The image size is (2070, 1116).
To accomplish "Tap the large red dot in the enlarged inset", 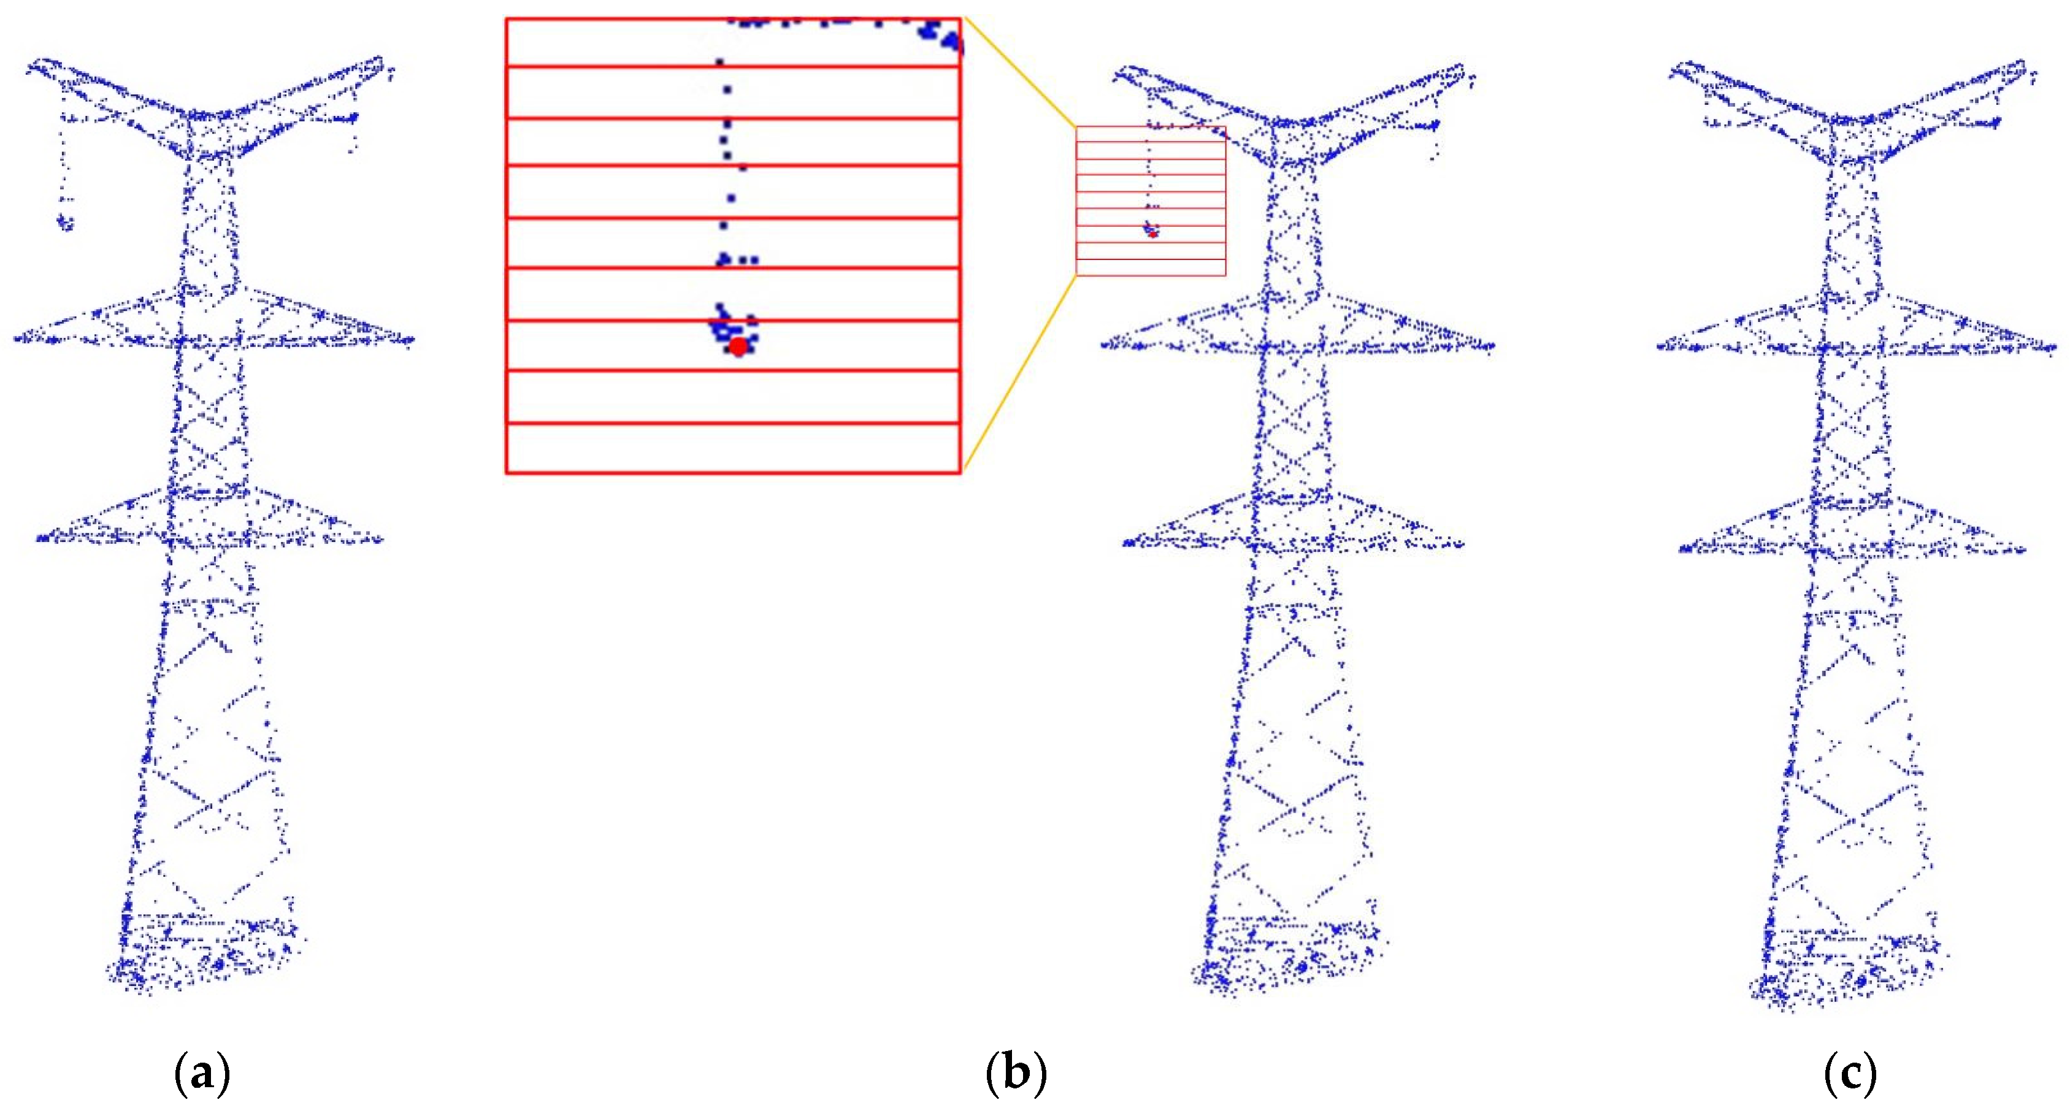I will pos(738,347).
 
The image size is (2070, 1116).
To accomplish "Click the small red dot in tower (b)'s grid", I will pos(1153,234).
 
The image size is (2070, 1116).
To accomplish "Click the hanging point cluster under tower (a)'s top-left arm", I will pos(65,221).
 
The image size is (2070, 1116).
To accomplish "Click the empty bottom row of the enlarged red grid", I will pos(733,448).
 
